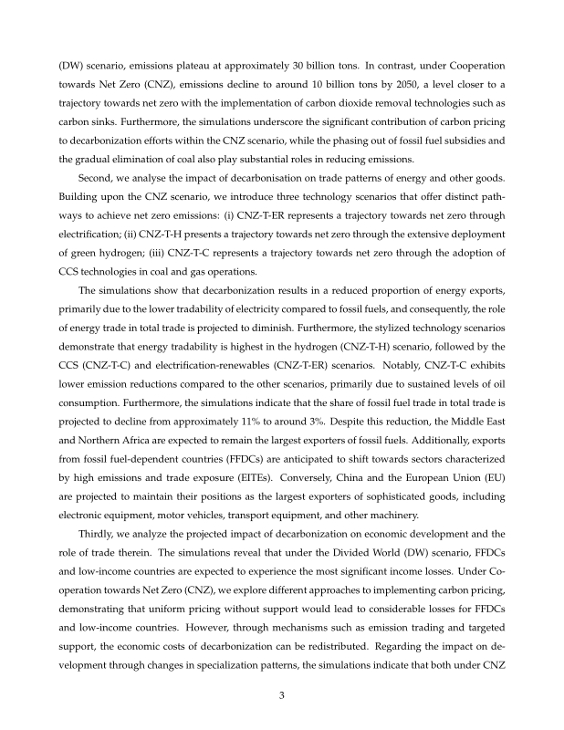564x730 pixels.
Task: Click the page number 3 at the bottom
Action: [x=282, y=695]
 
